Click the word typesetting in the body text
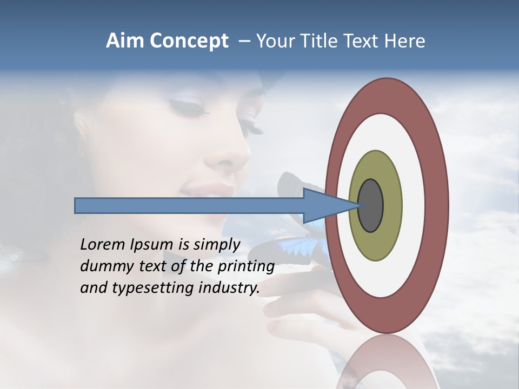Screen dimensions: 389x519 pos(144,288)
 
